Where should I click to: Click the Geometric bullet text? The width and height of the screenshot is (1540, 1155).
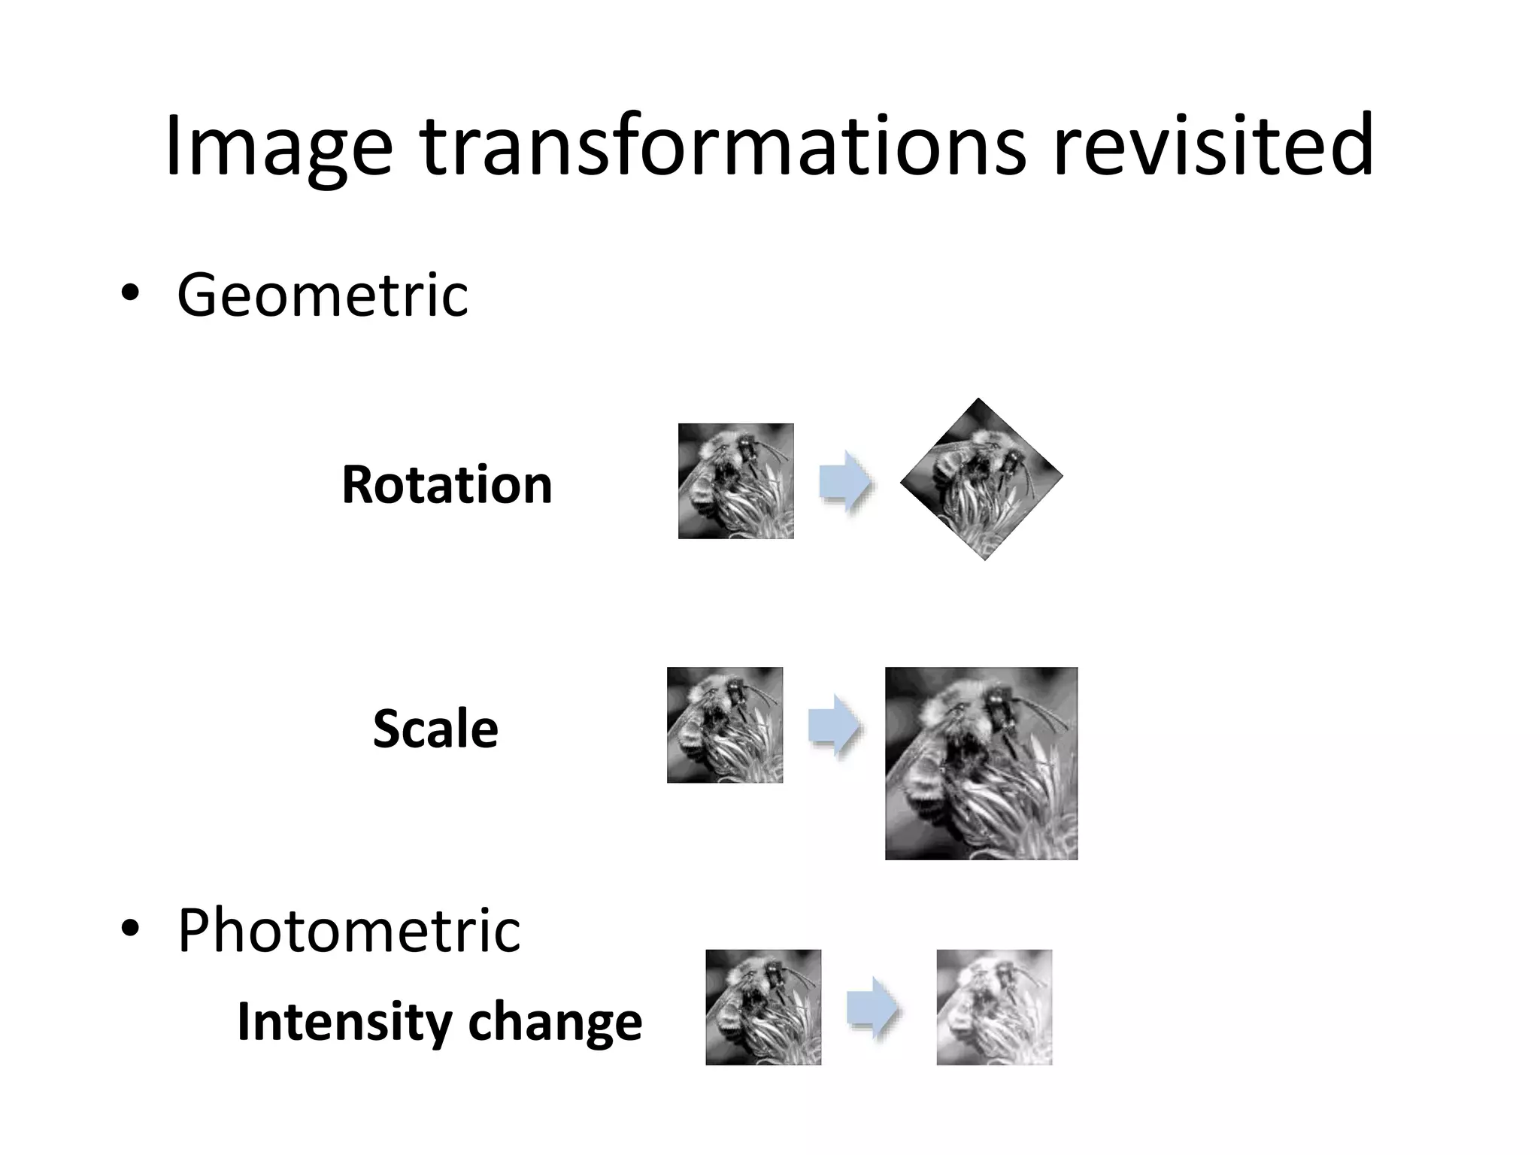click(323, 296)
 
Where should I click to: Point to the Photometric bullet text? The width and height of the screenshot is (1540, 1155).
click(348, 931)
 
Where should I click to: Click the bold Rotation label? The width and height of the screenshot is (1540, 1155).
click(447, 485)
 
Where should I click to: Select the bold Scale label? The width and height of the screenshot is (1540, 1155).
click(435, 729)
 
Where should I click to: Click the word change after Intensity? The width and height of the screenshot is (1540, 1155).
click(555, 1022)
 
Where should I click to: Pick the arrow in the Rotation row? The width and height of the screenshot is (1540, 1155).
click(845, 481)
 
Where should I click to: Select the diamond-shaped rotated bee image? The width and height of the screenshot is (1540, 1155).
click(981, 479)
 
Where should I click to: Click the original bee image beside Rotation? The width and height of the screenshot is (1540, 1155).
click(735, 481)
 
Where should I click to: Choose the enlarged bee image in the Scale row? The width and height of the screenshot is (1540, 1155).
click(981, 763)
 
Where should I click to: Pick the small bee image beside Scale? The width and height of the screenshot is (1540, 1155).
click(725, 725)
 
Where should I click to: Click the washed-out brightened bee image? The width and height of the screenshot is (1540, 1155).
click(994, 1008)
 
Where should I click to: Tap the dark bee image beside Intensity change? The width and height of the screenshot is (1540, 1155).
click(763, 1008)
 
